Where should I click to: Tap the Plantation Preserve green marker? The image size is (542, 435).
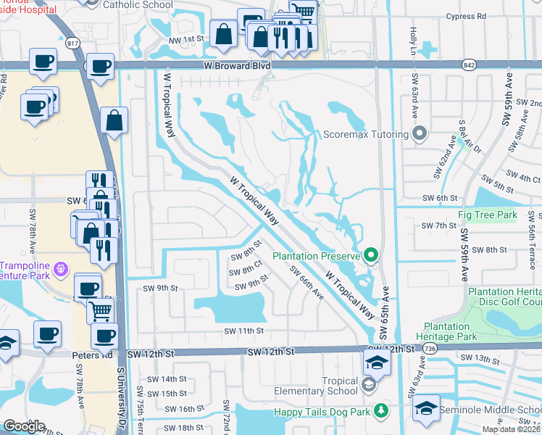pyautogui.click(x=372, y=255)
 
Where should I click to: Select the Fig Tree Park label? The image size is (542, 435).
pyautogui.click(x=487, y=215)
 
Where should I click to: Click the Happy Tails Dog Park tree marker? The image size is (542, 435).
pyautogui.click(x=380, y=412)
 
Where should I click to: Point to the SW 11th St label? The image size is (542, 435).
pyautogui.click(x=243, y=331)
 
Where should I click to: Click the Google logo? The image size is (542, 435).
pyautogui.click(x=24, y=426)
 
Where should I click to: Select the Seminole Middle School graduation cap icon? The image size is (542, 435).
pyautogui.click(x=427, y=407)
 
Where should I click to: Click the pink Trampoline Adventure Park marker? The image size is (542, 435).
pyautogui.click(x=62, y=268)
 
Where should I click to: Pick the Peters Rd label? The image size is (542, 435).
pyautogui.click(x=93, y=355)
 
